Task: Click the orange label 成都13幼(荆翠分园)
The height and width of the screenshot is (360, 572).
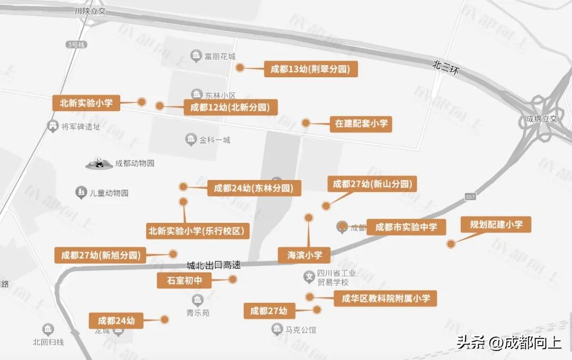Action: coord(311,69)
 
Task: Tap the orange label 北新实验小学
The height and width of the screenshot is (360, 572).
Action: coord(86,103)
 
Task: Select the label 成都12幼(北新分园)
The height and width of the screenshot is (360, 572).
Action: coord(230,107)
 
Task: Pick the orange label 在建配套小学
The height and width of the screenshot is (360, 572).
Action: coord(361,124)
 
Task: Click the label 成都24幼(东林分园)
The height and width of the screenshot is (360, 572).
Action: coord(254,188)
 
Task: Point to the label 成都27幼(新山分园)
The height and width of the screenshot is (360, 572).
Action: coord(372,184)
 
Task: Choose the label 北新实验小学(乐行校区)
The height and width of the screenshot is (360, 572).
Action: coord(198,231)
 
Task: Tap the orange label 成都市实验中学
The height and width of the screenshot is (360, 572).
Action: coord(406,227)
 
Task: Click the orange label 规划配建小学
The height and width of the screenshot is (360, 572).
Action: coord(496,224)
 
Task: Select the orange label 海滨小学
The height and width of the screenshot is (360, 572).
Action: coord(305,255)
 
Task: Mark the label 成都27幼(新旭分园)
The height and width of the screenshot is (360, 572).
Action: coord(101,255)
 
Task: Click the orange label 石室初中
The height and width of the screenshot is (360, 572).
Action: coord(184,281)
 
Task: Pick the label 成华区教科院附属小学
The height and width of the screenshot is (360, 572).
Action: coord(385,299)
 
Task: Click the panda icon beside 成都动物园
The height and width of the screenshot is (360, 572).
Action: coord(99,164)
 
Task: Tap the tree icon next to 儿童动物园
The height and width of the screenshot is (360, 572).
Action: coord(81,192)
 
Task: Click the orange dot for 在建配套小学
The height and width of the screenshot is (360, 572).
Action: coord(306,123)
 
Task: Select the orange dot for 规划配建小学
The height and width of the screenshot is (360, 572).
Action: coord(451,244)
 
